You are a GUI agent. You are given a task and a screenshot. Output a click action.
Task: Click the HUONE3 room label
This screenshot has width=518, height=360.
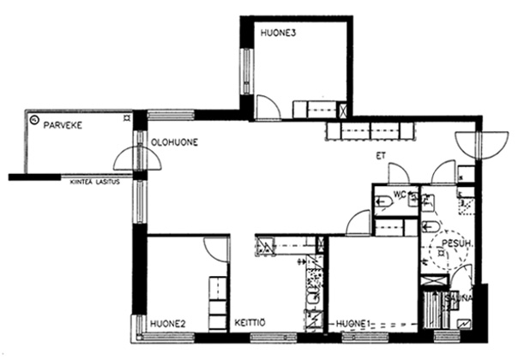[278, 33]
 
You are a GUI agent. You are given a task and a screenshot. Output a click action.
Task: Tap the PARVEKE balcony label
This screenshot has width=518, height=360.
[63, 125]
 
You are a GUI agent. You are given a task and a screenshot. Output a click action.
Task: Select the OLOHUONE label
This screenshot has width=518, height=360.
[174, 142]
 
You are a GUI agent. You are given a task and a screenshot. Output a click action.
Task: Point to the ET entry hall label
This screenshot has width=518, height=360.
[381, 156]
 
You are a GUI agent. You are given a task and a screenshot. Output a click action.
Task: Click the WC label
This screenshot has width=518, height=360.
[399, 195]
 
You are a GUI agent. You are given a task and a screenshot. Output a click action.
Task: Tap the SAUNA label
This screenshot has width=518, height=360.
[459, 298]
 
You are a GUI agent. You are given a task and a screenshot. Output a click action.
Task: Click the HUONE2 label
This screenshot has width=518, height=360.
[168, 324]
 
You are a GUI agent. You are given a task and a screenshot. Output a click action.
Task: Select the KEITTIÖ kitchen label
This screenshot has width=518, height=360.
[250, 322]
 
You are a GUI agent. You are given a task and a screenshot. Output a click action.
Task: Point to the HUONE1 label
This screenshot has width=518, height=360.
[352, 324]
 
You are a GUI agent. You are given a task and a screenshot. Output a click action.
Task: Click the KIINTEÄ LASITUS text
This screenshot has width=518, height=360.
[95, 182]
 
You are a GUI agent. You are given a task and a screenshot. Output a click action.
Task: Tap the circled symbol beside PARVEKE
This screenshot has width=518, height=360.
[33, 119]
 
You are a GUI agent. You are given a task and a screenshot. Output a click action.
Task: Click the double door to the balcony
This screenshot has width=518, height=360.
[137, 159]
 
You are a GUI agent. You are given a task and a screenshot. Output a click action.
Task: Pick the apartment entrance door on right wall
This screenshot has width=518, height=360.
[482, 146]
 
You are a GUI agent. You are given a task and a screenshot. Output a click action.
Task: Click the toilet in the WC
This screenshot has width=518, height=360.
[383, 201]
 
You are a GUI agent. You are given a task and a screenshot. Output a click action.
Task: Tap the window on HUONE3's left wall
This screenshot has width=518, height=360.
[246, 71]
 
